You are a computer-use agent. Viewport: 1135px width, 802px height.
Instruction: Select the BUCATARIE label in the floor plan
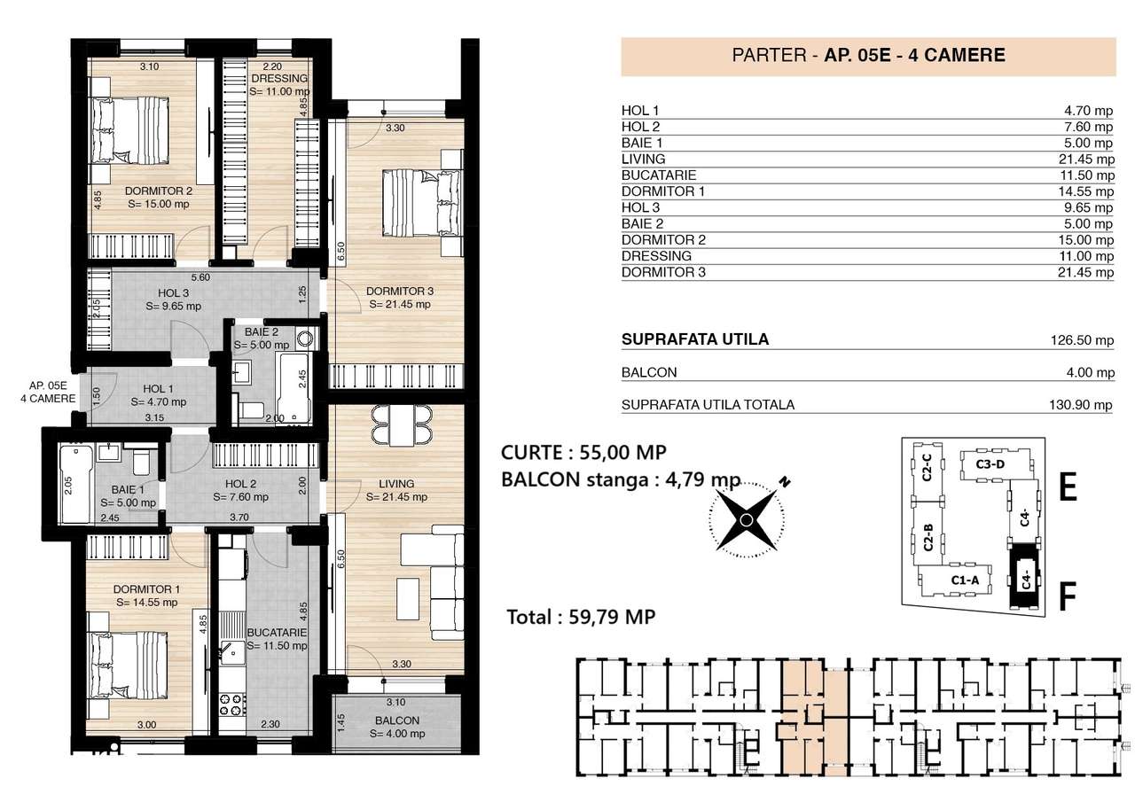tap(278, 633)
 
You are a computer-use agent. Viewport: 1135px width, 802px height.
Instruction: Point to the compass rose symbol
tap(748, 518)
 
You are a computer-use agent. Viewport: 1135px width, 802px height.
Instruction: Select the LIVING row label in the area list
tap(644, 159)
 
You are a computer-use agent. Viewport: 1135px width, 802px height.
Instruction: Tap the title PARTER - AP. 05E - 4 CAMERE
tap(868, 55)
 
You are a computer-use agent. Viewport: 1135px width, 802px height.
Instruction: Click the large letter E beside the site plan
tap(1068, 487)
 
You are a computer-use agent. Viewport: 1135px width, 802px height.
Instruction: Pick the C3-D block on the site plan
tap(990, 463)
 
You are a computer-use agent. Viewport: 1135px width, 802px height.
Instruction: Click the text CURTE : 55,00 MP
tap(583, 452)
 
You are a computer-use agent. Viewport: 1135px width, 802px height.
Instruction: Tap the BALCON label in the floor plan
tap(396, 720)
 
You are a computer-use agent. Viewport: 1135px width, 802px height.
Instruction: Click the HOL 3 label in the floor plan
tap(173, 293)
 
